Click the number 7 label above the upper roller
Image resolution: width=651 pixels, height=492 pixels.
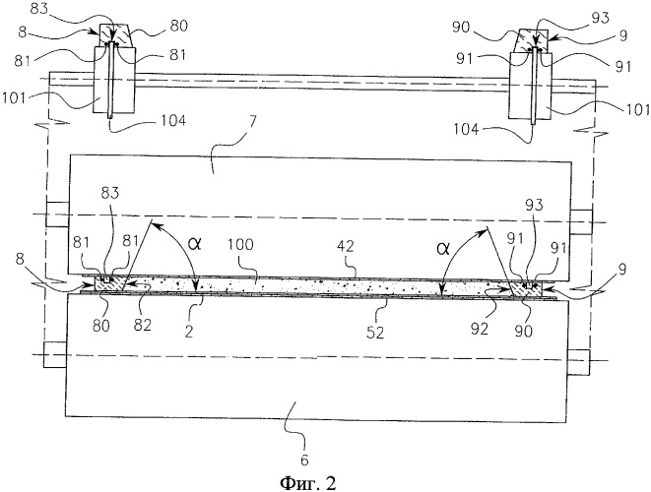pos(253,123)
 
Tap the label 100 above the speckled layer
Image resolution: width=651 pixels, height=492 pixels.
pos(241,244)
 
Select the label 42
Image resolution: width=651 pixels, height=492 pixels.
pos(345,246)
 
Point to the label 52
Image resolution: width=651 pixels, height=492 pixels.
pos(375,333)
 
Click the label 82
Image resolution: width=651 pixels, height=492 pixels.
pos(142,325)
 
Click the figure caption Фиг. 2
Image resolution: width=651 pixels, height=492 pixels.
pos(307,482)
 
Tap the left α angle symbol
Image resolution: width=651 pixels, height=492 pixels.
pos(194,243)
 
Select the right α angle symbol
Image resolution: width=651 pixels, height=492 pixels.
pos(443,249)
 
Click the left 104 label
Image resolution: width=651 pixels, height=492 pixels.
pos(172,121)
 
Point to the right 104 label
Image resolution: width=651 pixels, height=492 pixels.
pos(466,130)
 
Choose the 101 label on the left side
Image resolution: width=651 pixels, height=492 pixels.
pos(13,98)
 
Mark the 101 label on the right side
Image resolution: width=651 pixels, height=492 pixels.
pos(638,109)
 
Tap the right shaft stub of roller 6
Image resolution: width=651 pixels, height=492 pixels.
pos(578,362)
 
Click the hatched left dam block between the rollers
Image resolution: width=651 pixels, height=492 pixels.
pos(110,285)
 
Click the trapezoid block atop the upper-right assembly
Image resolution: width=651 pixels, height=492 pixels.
pos(532,39)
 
